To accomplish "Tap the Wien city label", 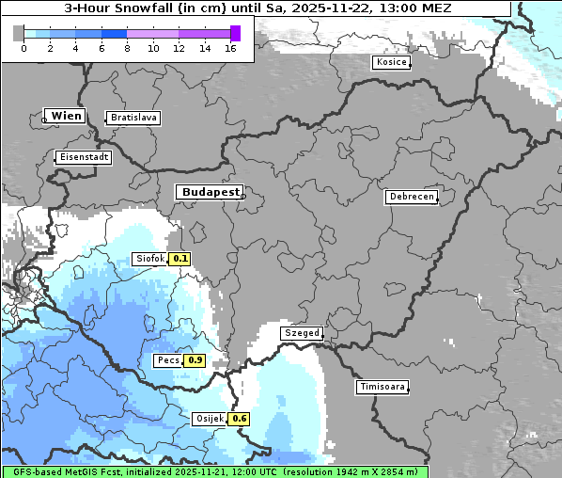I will [x=66, y=116].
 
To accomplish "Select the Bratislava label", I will [x=133, y=118].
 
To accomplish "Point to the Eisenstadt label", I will [x=83, y=157].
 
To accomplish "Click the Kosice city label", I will [x=390, y=62].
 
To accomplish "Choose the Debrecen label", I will [x=411, y=197].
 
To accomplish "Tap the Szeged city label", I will [x=302, y=333].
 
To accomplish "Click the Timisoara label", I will [x=382, y=387].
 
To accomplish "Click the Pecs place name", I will [x=168, y=359].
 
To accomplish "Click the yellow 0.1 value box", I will [x=180, y=259].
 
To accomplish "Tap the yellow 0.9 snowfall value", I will [x=195, y=359].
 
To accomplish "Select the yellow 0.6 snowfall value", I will [x=240, y=419].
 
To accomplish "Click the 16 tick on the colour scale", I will [x=230, y=48].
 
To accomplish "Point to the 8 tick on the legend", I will [x=127, y=48].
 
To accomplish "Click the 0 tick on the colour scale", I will [x=23, y=48].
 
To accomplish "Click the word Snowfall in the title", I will [x=152, y=8].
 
